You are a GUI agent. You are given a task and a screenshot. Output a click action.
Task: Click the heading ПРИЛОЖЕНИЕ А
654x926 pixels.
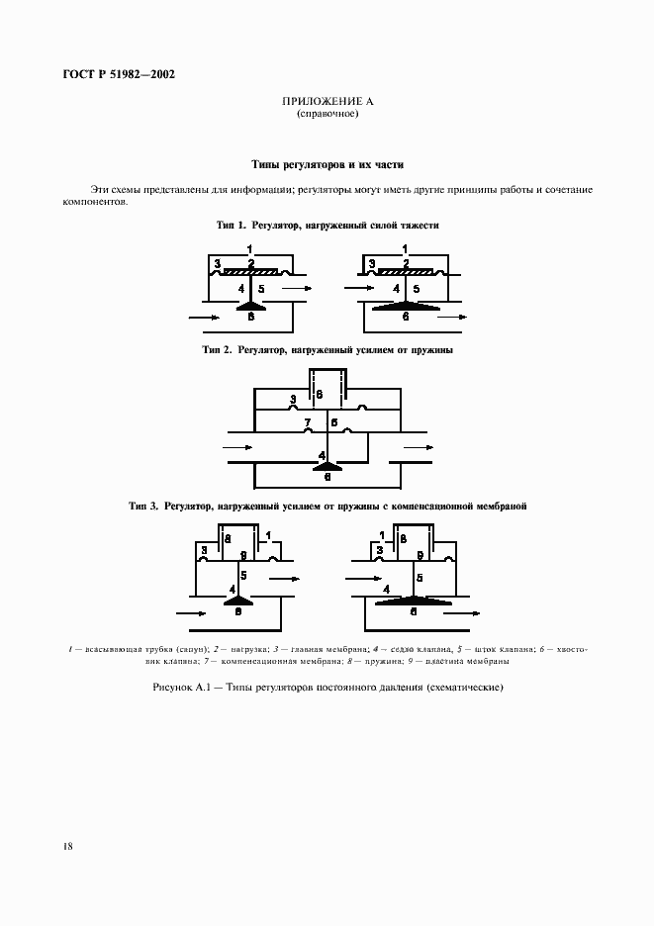[327, 102]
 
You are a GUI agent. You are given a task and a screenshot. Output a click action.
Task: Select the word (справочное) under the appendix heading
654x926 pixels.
[327, 114]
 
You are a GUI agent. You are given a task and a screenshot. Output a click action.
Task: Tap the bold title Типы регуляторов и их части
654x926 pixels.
[327, 165]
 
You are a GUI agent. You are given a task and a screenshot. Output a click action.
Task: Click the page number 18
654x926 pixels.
[66, 846]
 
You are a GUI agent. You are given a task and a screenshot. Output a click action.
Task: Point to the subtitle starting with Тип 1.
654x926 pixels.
[327, 226]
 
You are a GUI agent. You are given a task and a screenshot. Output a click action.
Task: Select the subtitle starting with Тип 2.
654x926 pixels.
[327, 350]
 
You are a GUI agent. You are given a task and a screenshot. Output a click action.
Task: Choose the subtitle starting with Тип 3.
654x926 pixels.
[327, 507]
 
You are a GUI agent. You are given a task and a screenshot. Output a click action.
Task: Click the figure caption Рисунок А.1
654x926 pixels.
[327, 688]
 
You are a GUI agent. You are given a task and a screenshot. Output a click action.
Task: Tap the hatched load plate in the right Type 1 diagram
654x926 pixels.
[407, 269]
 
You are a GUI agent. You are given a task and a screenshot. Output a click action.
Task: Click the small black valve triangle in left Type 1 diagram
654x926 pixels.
[252, 308]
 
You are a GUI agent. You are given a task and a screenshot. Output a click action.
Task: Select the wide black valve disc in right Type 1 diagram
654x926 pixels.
[406, 308]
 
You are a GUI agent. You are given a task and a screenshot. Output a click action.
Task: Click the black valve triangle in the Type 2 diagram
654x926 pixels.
[327, 463]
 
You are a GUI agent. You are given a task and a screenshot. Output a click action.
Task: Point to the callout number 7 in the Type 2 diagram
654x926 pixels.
[309, 422]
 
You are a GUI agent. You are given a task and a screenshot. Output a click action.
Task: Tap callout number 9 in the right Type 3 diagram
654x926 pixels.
[420, 555]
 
